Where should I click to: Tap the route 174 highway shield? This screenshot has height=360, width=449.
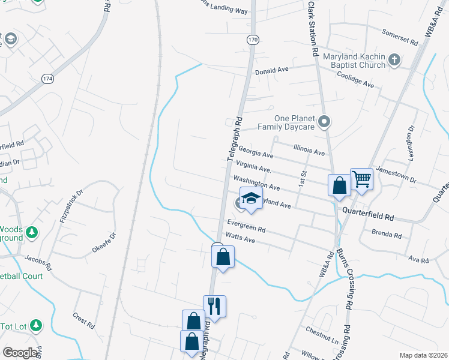(48, 79)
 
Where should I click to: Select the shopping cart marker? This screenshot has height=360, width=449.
(361, 178)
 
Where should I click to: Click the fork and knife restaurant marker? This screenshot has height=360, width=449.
(214, 306)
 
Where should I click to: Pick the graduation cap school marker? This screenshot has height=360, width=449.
(251, 199)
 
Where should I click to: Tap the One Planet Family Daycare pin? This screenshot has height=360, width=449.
(324, 122)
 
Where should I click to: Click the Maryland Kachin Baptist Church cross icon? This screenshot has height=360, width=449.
(394, 59)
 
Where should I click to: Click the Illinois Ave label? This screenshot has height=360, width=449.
(309, 150)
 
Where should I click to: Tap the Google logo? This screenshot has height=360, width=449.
(20, 353)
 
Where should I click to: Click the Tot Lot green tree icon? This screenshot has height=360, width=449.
(36, 325)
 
